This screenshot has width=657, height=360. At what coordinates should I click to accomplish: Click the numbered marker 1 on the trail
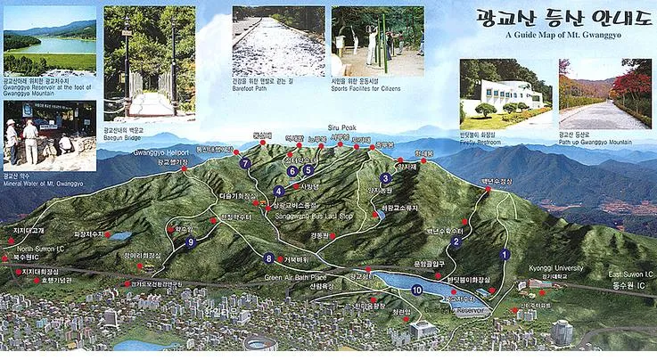[505, 254]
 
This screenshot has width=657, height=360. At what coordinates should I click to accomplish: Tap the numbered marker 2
[456, 241]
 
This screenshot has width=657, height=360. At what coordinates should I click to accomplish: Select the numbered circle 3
[385, 178]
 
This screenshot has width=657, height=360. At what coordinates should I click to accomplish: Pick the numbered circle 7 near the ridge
[245, 164]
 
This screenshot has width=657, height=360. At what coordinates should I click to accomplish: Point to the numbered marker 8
[269, 258]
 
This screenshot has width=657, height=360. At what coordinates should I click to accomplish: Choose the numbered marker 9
[190, 241]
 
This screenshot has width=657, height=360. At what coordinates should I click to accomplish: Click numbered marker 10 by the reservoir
[417, 290]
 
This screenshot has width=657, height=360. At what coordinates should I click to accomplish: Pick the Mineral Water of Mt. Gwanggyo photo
[50, 135]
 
